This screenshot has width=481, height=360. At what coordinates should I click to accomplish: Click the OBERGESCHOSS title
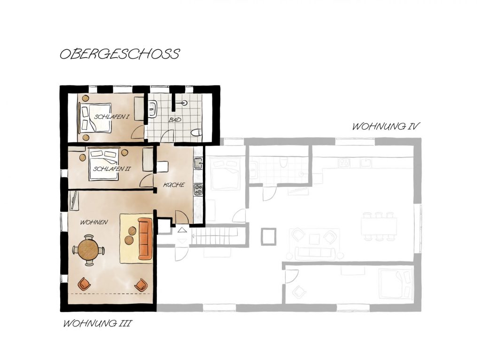click(x=120, y=54)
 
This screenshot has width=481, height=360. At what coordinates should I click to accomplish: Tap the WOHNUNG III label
click(x=98, y=323)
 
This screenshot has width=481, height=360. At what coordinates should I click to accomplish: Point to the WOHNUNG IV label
click(x=386, y=126)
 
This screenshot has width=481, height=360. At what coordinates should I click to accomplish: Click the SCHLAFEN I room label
click(x=112, y=117)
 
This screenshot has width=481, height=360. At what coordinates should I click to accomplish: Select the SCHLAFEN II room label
click(x=112, y=169)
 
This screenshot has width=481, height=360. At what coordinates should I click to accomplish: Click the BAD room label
click(x=175, y=120)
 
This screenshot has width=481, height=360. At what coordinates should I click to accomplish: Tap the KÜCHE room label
click(x=174, y=185)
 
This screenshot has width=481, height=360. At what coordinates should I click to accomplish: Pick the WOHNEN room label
click(x=94, y=222)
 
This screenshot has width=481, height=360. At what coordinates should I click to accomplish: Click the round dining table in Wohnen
click(x=88, y=250)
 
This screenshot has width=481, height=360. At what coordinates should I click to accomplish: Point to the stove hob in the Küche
click(x=198, y=189)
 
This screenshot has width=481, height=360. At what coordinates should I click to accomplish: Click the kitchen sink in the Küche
click(x=198, y=162)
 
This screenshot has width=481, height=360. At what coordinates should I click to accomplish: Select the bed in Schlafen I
click(x=95, y=116)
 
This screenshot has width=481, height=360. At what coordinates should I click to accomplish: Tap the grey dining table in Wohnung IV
click(x=379, y=226)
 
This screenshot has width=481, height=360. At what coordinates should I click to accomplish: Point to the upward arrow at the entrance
click(x=182, y=230)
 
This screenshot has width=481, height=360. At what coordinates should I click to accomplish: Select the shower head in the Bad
click(x=184, y=103)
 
